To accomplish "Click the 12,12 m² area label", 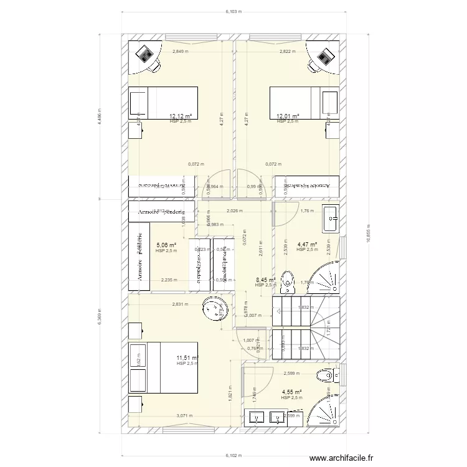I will [181, 116].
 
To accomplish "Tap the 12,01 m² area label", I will [288, 116].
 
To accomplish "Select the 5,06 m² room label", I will [166, 245].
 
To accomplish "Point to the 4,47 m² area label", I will [307, 245].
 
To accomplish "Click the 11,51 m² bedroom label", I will [187, 358].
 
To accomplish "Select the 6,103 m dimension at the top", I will [234, 11].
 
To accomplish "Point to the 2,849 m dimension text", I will [181, 52].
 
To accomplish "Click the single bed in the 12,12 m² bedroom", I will [163, 102].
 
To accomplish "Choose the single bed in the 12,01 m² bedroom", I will [304, 102].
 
